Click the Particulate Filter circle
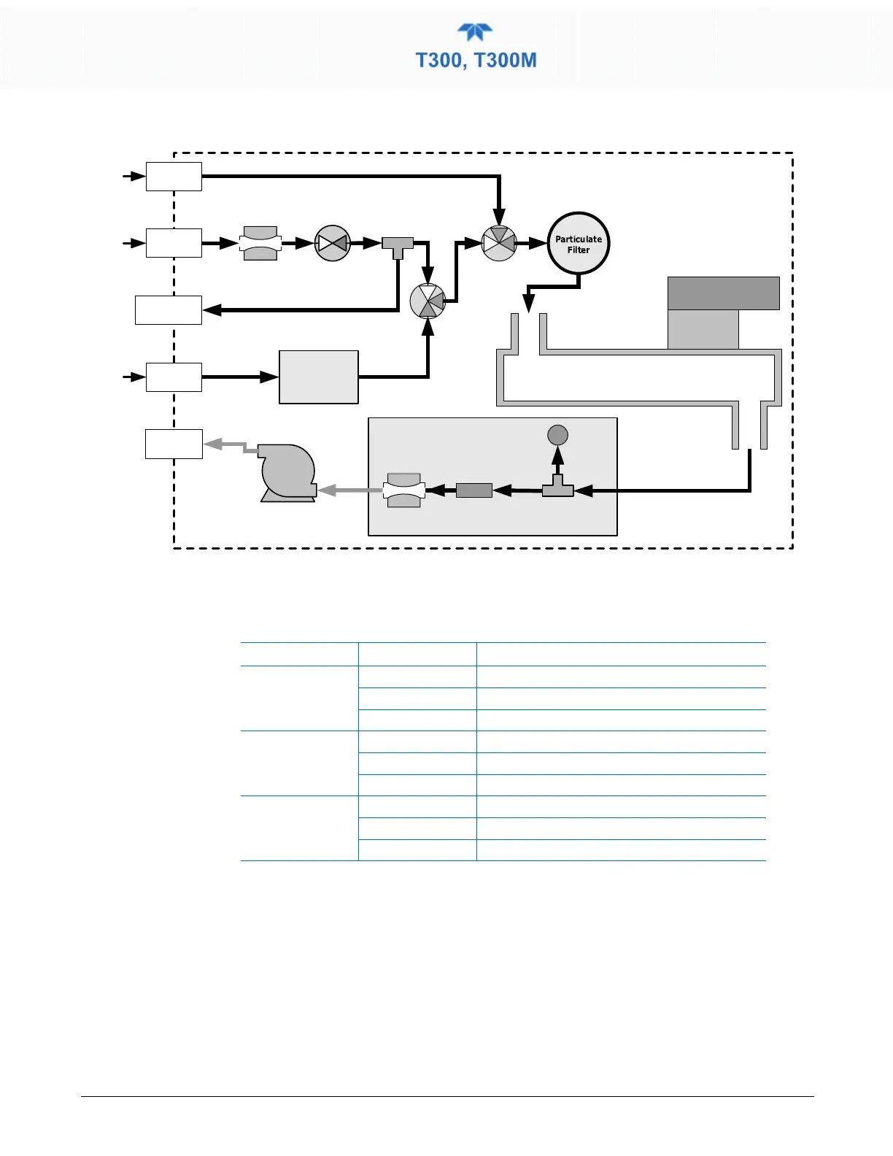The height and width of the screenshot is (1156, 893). point(579,243)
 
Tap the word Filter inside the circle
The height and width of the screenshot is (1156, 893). point(579,250)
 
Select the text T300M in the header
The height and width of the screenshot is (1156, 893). point(506,60)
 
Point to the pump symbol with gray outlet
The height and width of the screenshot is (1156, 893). point(287,473)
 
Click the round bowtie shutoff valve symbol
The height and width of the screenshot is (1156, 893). point(333,243)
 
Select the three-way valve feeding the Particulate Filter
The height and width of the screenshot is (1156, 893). point(499,243)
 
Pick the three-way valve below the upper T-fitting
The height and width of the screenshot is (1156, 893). point(428,301)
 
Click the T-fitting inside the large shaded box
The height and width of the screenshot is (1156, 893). point(558,488)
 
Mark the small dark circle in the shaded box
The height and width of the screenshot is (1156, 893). point(557,435)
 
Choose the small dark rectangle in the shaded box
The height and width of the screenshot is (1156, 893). point(474,490)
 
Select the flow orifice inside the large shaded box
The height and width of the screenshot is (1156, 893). point(404,490)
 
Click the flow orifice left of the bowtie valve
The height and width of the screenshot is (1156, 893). point(260,243)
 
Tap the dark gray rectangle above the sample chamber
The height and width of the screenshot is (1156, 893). point(724,293)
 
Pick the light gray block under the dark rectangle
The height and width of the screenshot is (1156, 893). point(703,329)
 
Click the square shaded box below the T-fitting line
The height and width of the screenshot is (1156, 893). point(319,377)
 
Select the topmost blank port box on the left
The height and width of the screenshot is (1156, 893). point(174,177)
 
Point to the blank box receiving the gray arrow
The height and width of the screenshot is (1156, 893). point(174,444)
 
